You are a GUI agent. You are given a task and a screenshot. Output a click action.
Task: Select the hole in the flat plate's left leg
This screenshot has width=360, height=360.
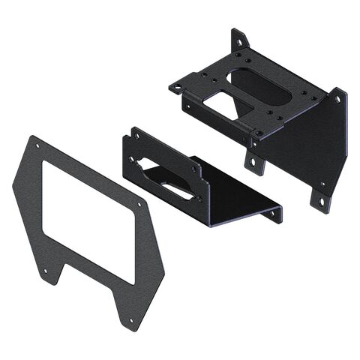[x=45, y=271]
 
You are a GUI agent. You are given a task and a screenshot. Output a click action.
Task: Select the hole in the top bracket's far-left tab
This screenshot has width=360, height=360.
[x=178, y=87]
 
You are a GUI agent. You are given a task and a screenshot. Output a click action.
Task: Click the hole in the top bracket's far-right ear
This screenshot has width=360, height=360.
[x=337, y=98]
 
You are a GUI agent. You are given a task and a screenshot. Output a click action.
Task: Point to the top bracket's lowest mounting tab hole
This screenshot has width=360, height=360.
[x=321, y=201]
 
